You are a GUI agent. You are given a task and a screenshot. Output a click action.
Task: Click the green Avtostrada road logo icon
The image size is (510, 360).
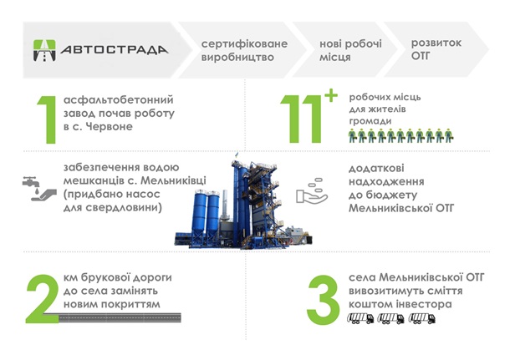pyautogui.click(x=44, y=50)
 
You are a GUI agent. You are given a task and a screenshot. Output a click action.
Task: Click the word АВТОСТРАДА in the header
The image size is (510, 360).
pyautogui.click(x=115, y=50)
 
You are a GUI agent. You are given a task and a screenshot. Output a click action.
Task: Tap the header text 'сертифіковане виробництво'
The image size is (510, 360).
pyautogui.click(x=244, y=50)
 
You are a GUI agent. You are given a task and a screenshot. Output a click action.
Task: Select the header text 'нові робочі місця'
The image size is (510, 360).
pyautogui.click(x=350, y=50)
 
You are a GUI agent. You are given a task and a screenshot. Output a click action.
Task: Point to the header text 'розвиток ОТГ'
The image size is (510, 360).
pyautogui.click(x=436, y=49)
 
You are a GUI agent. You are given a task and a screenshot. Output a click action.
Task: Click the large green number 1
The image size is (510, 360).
pyautogui.click(x=48, y=119)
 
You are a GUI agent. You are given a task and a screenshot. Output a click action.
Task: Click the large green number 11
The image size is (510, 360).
pyautogui.click(x=301, y=119)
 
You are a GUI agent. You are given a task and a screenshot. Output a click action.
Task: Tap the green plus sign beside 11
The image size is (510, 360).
pyautogui.click(x=331, y=95)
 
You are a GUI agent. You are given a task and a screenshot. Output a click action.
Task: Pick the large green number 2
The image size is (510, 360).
pyautogui.click(x=43, y=299)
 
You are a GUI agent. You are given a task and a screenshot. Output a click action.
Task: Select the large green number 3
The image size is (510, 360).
pyautogui.click(x=323, y=300)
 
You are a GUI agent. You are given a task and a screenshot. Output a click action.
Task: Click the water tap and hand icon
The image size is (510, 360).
pyautogui.click(x=39, y=189)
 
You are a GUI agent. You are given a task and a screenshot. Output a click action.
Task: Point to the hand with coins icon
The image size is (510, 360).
pyautogui.click(x=312, y=191)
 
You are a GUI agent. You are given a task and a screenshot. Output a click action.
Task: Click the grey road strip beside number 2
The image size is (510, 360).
pyautogui.click(x=120, y=317)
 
